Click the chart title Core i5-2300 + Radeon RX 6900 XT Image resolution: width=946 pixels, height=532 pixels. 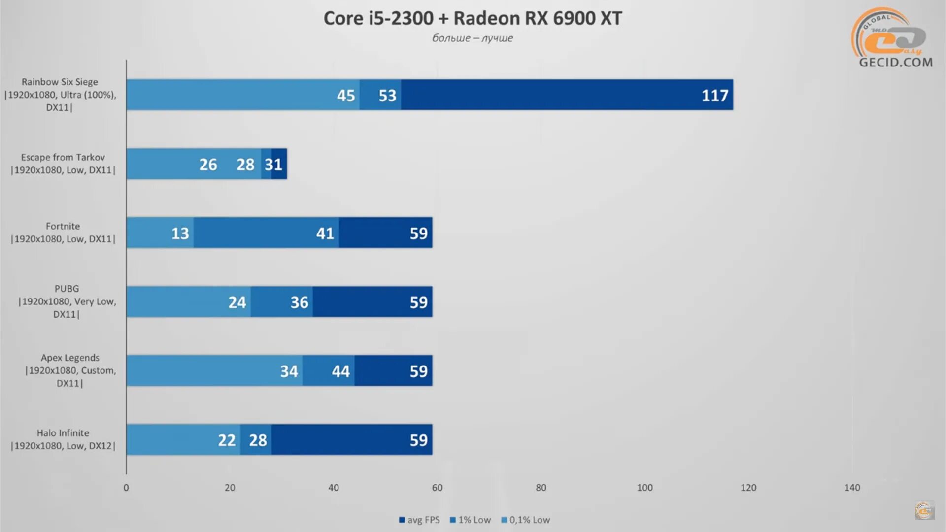(473, 18)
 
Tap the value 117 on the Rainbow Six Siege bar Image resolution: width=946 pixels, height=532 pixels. (714, 95)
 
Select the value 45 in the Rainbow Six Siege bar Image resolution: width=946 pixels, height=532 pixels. (345, 95)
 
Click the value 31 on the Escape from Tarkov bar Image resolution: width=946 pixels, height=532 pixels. (273, 164)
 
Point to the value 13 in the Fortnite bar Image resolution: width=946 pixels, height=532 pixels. (180, 233)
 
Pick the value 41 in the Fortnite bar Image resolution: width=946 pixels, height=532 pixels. (325, 233)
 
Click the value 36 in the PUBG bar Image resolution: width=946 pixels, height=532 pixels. (299, 302)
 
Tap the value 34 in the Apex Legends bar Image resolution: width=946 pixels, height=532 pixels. (289, 371)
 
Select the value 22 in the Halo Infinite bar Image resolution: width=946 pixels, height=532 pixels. (227, 440)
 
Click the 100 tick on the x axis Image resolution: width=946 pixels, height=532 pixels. (644, 488)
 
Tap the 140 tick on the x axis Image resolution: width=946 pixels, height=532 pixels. (852, 488)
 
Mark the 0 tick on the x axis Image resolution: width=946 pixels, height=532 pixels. (126, 488)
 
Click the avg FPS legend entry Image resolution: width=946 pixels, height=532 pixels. (419, 520)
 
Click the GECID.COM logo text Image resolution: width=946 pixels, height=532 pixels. (896, 62)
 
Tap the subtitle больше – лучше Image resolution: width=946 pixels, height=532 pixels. (473, 38)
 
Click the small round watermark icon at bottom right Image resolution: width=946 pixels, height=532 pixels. (924, 511)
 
